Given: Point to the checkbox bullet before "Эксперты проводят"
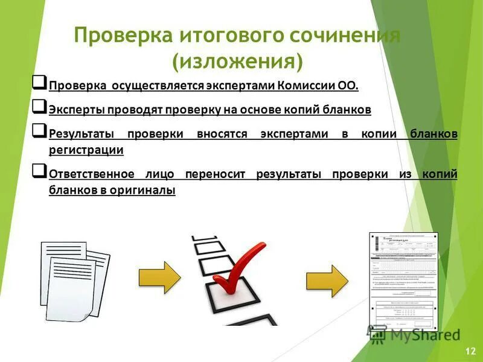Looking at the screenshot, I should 39,107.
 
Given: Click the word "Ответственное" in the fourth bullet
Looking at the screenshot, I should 91,174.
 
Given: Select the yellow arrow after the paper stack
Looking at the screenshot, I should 159,278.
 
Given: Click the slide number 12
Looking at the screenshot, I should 470,351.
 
